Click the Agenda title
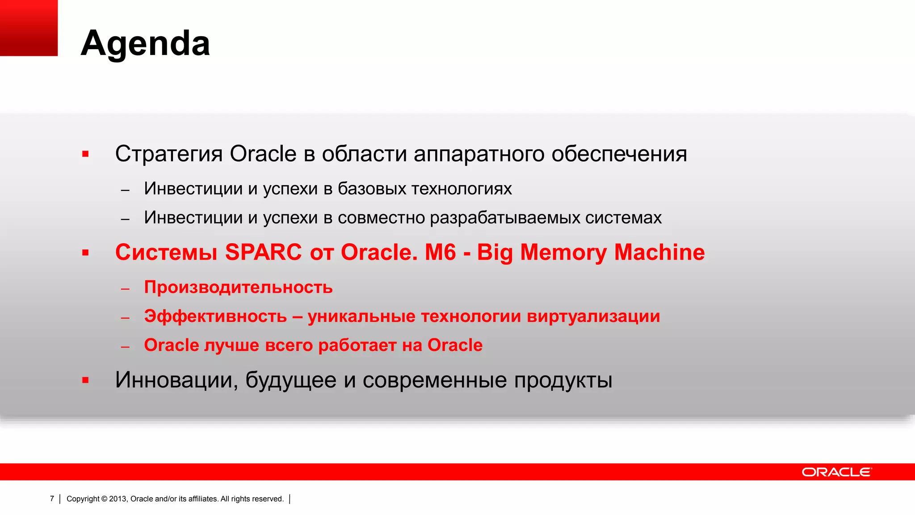(145, 43)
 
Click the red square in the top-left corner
(29, 28)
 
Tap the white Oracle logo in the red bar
(836, 472)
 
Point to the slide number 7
(52, 498)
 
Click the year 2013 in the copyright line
(118, 499)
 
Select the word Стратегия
(169, 154)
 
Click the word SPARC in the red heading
(264, 252)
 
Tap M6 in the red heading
(440, 252)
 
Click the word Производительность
(238, 287)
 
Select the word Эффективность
(215, 316)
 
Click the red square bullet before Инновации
(85, 380)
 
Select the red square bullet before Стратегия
(85, 154)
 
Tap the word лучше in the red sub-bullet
(231, 345)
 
